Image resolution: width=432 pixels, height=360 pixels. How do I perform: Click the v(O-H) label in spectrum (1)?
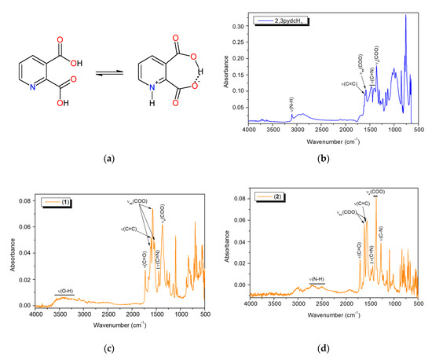(66, 291)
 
